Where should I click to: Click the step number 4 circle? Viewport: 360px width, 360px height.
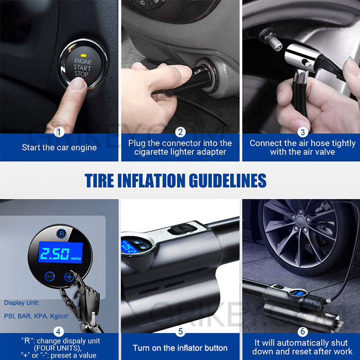[x=59, y=331]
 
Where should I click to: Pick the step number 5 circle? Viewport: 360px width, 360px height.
[x=180, y=331]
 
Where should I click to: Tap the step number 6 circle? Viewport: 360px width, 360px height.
[x=302, y=331]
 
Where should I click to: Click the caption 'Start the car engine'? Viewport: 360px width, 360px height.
[x=59, y=148]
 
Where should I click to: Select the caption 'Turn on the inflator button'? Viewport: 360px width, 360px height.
[x=180, y=348]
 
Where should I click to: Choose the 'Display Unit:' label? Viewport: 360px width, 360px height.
[x=22, y=303]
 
